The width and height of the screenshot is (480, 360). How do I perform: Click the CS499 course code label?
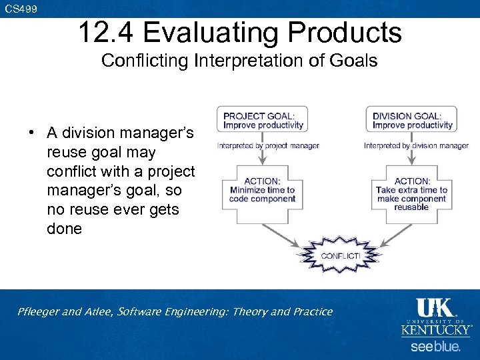pyautogui.click(x=21, y=9)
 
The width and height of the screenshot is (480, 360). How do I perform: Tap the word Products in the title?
pyautogui.click(x=348, y=32)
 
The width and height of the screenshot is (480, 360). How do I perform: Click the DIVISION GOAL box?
pyautogui.click(x=412, y=120)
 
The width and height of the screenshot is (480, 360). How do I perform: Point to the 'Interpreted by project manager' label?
pyautogui.click(x=269, y=146)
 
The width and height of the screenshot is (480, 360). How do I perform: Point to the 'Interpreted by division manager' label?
pyautogui.click(x=416, y=146)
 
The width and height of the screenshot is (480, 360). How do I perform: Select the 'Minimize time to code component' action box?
pyautogui.click(x=262, y=189)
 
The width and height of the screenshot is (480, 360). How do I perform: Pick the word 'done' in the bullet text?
pyautogui.click(x=64, y=229)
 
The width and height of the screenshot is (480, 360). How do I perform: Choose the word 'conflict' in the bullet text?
pyautogui.click(x=69, y=171)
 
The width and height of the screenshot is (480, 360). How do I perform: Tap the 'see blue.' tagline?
pyautogui.click(x=435, y=347)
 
